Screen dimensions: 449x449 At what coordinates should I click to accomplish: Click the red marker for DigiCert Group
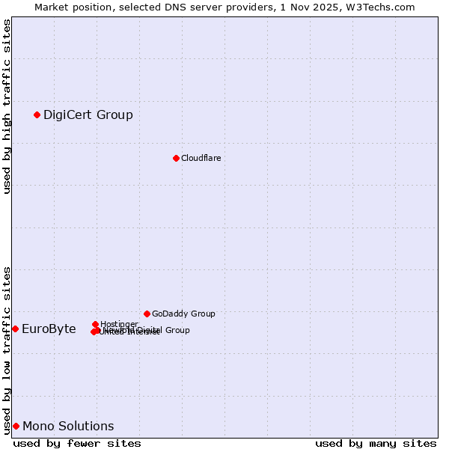pyautogui.click(x=37, y=114)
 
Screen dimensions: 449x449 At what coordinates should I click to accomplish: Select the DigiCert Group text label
pyautogui.click(x=88, y=114)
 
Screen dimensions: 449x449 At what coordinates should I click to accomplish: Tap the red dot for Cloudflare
pyautogui.click(x=176, y=158)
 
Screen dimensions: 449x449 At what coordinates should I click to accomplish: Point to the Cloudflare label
pyautogui.click(x=201, y=158)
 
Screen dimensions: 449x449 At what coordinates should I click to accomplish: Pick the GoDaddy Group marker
pyautogui.click(x=147, y=314)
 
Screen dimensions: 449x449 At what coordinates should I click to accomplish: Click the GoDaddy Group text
pyautogui.click(x=183, y=314)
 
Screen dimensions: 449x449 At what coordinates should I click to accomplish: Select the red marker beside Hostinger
pyautogui.click(x=96, y=324)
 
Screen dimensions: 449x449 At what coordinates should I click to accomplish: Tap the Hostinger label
pyautogui.click(x=119, y=324)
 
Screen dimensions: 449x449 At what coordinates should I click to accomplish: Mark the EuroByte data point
pyautogui.click(x=15, y=329)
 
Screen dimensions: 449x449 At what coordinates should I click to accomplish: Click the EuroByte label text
pyautogui.click(x=49, y=329)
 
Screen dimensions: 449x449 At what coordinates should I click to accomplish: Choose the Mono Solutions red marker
pyautogui.click(x=16, y=426)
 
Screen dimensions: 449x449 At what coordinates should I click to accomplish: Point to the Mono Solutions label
pyautogui.click(x=68, y=426)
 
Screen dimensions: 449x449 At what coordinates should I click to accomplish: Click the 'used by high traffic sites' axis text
pyautogui.click(x=7, y=106)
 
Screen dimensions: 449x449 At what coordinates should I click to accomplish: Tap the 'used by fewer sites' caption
pyautogui.click(x=77, y=443)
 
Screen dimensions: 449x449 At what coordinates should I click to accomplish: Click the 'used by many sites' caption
pyautogui.click(x=376, y=443)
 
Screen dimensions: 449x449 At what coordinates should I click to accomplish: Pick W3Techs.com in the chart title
pyautogui.click(x=382, y=7)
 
